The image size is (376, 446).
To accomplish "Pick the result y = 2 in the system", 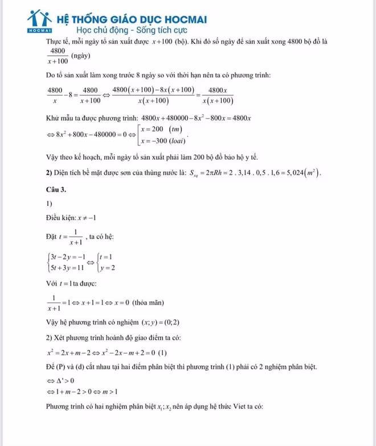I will (108, 266).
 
